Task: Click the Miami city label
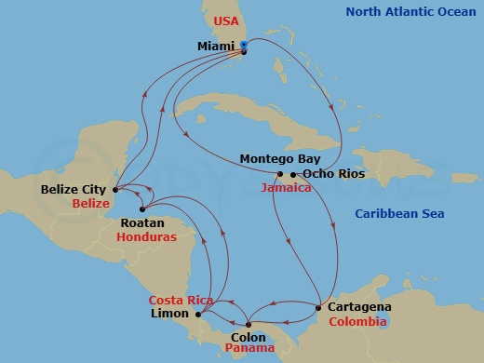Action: coord(216,45)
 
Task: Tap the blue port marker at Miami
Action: coord(243,45)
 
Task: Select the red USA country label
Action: coord(227,20)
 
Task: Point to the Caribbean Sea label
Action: coord(401,214)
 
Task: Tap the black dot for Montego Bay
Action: coord(280,174)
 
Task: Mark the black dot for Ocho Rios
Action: coord(293,174)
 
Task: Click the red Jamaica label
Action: coord(286,187)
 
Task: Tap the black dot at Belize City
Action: coord(114,190)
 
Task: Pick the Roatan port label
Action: coord(144,223)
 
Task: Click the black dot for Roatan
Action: coord(141,209)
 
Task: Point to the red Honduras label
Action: coord(146,237)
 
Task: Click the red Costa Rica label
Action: coord(181,301)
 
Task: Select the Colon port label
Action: coord(249,338)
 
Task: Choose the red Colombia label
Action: coord(357,321)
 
